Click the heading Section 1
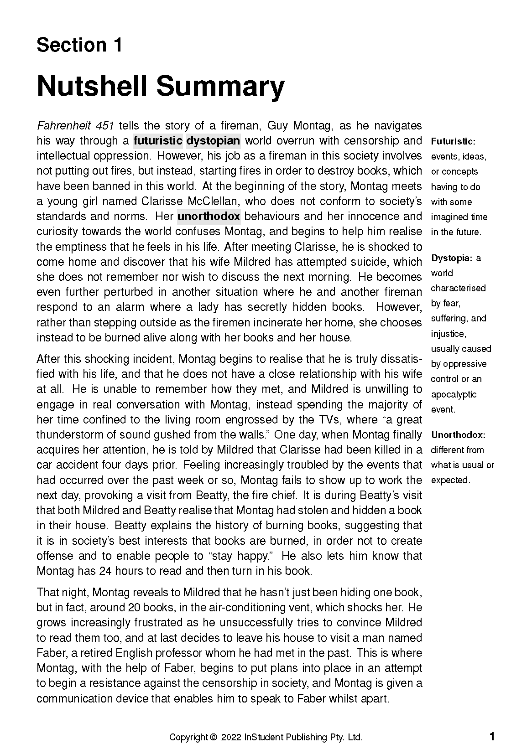(x=79, y=45)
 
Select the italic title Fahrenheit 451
(x=75, y=126)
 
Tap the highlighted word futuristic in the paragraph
(x=158, y=141)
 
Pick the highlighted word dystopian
(x=213, y=141)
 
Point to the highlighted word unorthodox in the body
(x=209, y=217)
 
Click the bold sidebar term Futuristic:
(x=453, y=141)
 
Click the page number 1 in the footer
(x=492, y=737)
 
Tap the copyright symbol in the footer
(x=213, y=738)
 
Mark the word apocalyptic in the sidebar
(x=454, y=394)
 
